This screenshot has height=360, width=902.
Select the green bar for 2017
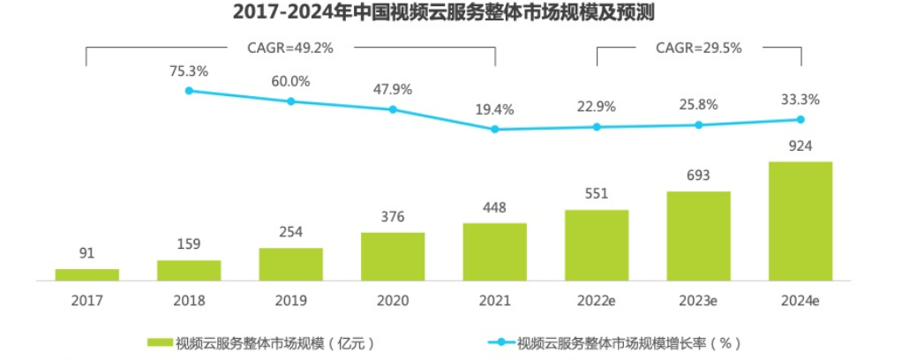[x=86, y=274]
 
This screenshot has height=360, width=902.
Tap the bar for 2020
[x=393, y=256]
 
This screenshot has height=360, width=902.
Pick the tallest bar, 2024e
[x=801, y=221]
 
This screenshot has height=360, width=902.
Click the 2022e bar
[x=597, y=244]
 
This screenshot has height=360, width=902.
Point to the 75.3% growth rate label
[x=189, y=71]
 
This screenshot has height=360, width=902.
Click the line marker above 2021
[x=495, y=129]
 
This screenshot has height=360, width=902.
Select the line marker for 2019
[x=291, y=101]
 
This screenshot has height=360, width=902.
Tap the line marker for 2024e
[x=801, y=119]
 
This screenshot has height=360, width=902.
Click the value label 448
[x=495, y=208]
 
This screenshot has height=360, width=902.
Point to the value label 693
[x=698, y=176]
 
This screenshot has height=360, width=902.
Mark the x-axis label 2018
[x=189, y=300]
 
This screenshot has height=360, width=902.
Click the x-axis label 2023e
[x=698, y=300]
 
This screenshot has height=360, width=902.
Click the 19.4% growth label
[x=495, y=109]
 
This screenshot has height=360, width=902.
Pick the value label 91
[x=86, y=254]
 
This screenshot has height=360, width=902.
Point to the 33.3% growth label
[x=801, y=99]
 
